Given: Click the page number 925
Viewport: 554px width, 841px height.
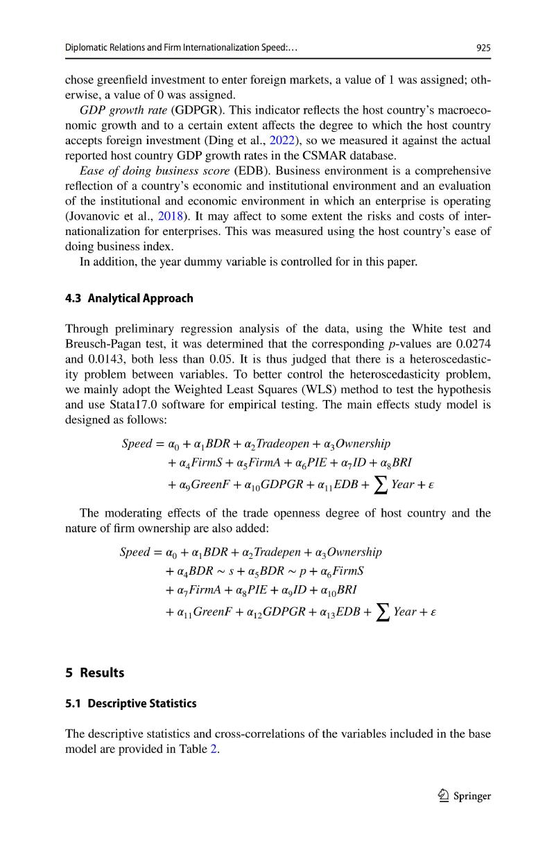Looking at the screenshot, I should (x=483, y=48).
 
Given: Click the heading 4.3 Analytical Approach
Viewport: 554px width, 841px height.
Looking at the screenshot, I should (x=129, y=298).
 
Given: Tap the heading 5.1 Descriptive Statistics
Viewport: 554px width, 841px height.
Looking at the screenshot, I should (x=131, y=703).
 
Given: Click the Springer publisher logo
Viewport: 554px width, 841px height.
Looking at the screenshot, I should (x=459, y=796).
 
